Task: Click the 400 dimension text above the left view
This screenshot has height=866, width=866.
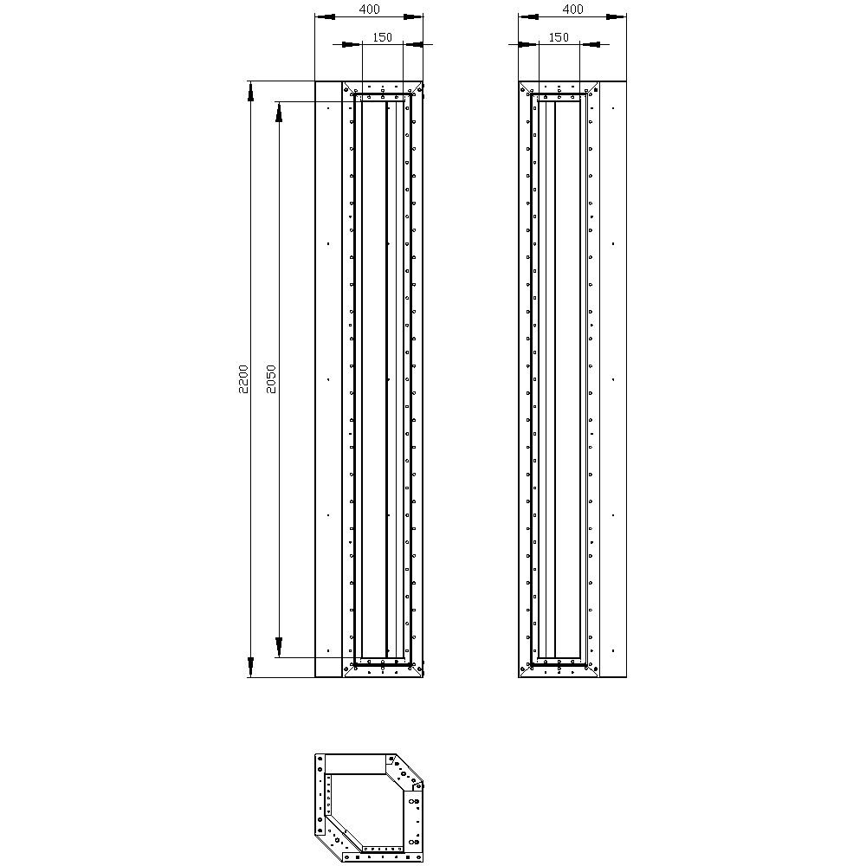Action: [x=370, y=9]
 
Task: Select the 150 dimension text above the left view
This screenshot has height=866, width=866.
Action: [x=382, y=37]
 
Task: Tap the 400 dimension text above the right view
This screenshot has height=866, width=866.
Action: [x=572, y=9]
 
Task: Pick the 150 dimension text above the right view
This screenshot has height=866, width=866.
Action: [x=559, y=37]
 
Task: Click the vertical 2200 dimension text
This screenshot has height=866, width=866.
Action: [x=243, y=379]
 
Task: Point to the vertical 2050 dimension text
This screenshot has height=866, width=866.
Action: [x=270, y=379]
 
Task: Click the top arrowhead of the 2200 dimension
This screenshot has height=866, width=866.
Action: [x=250, y=92]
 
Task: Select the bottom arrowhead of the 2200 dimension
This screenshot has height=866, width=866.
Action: [x=250, y=667]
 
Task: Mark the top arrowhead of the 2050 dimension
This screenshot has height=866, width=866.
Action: [x=278, y=112]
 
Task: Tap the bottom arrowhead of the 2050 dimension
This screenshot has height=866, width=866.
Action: [x=278, y=647]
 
